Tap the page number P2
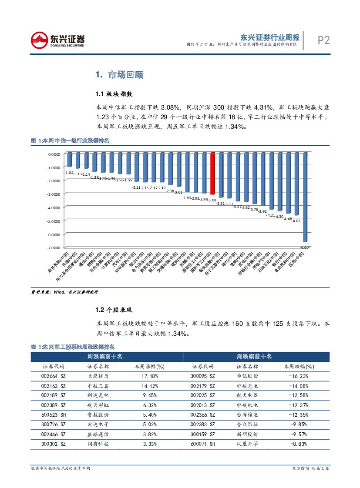(323, 40)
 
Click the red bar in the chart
(212, 174)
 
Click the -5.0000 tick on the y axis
(54, 221)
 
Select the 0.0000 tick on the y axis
(54, 154)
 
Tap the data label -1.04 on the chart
(68, 173)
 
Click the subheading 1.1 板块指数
(114, 94)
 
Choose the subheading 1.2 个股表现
(114, 310)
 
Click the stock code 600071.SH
(203, 444)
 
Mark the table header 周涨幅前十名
(105, 357)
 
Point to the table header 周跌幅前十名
(254, 357)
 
